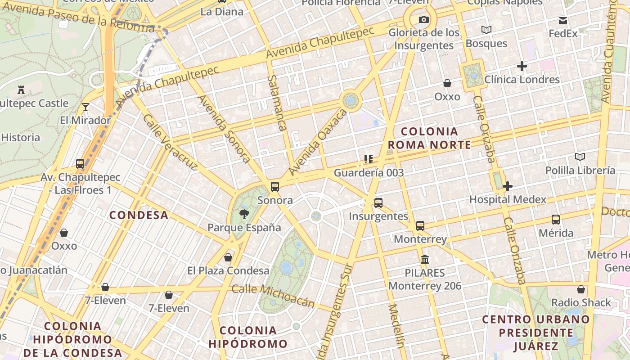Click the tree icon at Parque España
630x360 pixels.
tap(244, 214)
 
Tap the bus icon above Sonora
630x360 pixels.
tap(275, 186)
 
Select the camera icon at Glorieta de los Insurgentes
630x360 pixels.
tap(423, 19)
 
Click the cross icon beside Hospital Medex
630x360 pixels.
tap(508, 186)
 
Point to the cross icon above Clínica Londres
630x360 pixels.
tap(522, 66)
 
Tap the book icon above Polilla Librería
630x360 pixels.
tap(580, 157)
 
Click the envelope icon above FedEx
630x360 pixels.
tap(563, 20)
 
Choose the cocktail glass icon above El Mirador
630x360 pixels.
tap(85, 107)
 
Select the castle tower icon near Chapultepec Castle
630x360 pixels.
tap(21, 90)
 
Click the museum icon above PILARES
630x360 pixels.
tap(425, 259)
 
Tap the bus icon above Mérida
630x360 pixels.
tap(556, 220)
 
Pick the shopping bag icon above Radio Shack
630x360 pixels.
tap(581, 289)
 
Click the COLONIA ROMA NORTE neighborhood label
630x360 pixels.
tap(429, 138)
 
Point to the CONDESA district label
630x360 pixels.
tap(139, 215)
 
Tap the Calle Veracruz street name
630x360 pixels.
tap(170, 143)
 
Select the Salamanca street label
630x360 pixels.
tap(277, 103)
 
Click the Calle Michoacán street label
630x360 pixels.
tap(273, 296)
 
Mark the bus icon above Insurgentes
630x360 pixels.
tap(378, 203)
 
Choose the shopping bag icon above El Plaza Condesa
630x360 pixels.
tap(228, 257)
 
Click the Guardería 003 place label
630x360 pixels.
tap(369, 173)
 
